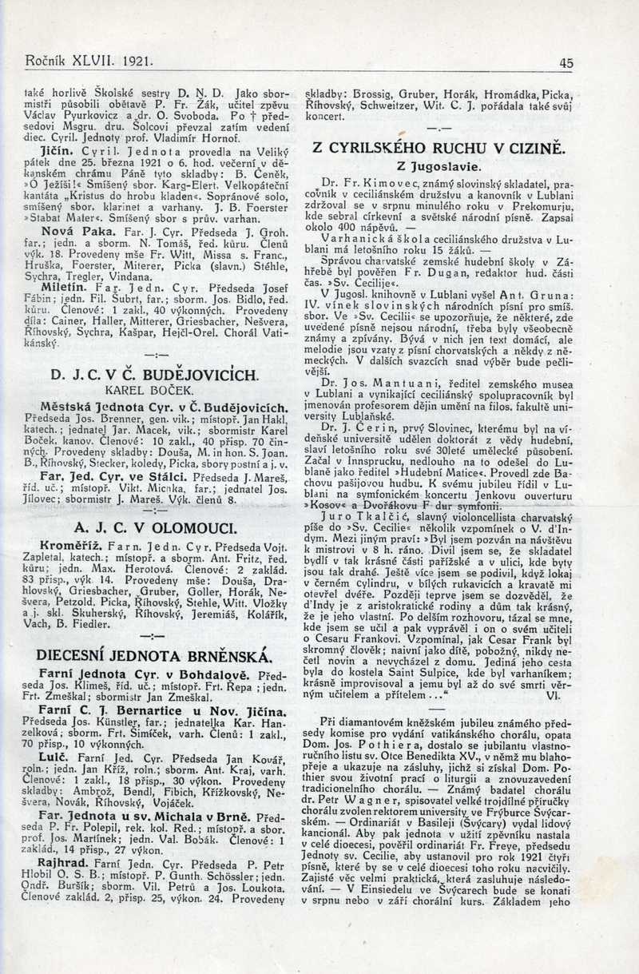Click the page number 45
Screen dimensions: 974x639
tap(566, 62)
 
